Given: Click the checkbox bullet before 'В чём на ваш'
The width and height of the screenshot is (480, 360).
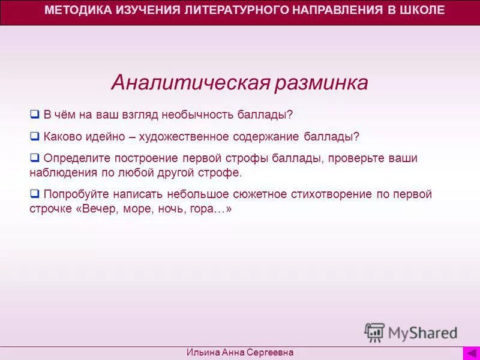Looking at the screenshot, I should (34, 114).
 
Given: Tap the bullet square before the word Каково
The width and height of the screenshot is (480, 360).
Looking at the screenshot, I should (34, 136).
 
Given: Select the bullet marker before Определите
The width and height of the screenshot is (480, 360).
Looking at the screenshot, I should (34, 158).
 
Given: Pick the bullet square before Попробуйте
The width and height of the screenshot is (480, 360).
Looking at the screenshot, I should (34, 194).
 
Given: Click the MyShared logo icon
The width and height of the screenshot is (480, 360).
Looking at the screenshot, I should (374, 332).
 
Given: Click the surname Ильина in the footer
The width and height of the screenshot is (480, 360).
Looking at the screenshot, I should (205, 353).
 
